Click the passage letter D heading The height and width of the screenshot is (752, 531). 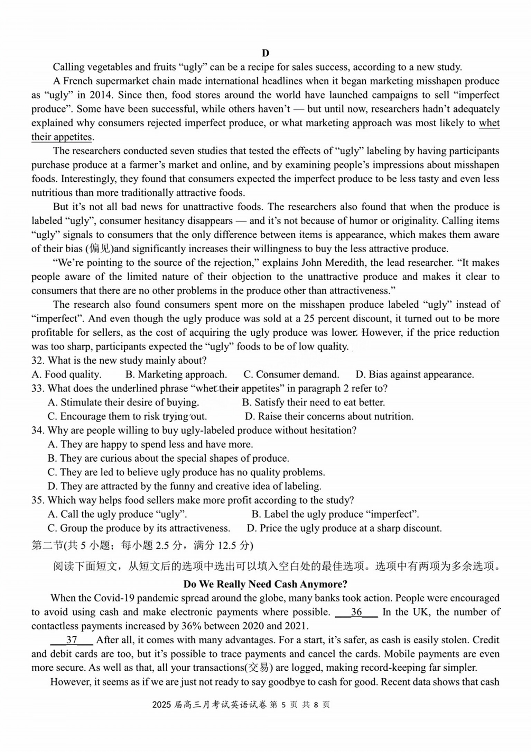(265, 53)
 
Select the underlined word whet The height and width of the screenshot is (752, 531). (489, 123)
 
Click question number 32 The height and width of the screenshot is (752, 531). (38, 360)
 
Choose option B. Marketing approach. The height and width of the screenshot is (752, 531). (176, 374)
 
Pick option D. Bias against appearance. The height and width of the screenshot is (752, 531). (414, 374)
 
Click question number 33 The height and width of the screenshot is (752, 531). (38, 388)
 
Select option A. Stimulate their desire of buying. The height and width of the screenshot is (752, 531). (123, 402)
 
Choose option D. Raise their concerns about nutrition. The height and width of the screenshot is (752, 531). (329, 416)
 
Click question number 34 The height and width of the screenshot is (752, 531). (38, 431)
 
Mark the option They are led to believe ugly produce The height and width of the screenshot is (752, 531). (186, 472)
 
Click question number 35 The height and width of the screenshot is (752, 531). (38, 500)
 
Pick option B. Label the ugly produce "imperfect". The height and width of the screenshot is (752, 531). (335, 514)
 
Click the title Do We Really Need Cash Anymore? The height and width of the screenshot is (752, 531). (265, 584)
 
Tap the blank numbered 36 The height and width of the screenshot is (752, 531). (356, 612)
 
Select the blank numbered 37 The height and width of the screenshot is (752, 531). (72, 640)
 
